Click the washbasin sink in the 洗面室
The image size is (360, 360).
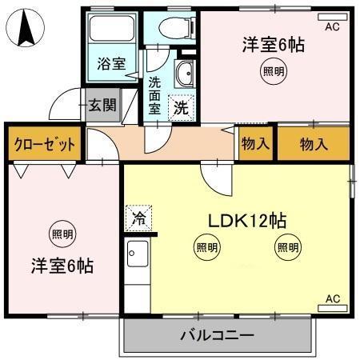pos(185,74)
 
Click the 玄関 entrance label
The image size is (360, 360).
pos(102,104)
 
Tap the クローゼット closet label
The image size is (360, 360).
pos(45,145)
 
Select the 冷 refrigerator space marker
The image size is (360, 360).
pos(138,217)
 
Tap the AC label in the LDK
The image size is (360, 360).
pos(333,299)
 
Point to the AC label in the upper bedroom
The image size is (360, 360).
pos(333,26)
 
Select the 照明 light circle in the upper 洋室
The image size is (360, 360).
pos(273,72)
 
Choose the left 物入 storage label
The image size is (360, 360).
pos(255,144)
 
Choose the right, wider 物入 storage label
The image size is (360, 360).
pos(314,144)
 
